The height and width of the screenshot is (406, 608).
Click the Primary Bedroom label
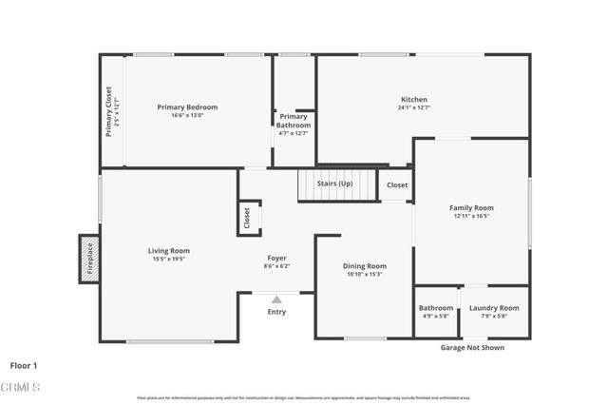(187, 107)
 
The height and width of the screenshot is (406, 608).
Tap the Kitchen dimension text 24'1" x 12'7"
(414, 107)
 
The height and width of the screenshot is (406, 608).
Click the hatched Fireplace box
(88, 260)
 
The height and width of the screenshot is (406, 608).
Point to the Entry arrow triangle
(276, 300)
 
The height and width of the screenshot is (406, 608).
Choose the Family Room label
(471, 207)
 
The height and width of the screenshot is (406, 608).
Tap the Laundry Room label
(494, 308)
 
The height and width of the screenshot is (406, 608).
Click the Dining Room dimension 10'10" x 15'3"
(365, 275)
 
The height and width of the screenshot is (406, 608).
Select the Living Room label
(168, 250)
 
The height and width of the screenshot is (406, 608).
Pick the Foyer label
(276, 258)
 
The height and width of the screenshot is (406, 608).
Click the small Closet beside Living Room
(246, 218)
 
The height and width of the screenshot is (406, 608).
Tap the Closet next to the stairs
(397, 185)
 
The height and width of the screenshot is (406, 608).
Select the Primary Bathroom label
(294, 121)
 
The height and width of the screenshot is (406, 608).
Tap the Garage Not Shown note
(472, 348)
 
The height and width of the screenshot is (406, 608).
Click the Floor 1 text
(24, 365)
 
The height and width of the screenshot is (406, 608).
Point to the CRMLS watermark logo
(21, 387)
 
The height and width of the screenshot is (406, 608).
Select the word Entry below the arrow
(276, 312)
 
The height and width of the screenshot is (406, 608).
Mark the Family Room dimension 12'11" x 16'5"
(471, 217)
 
